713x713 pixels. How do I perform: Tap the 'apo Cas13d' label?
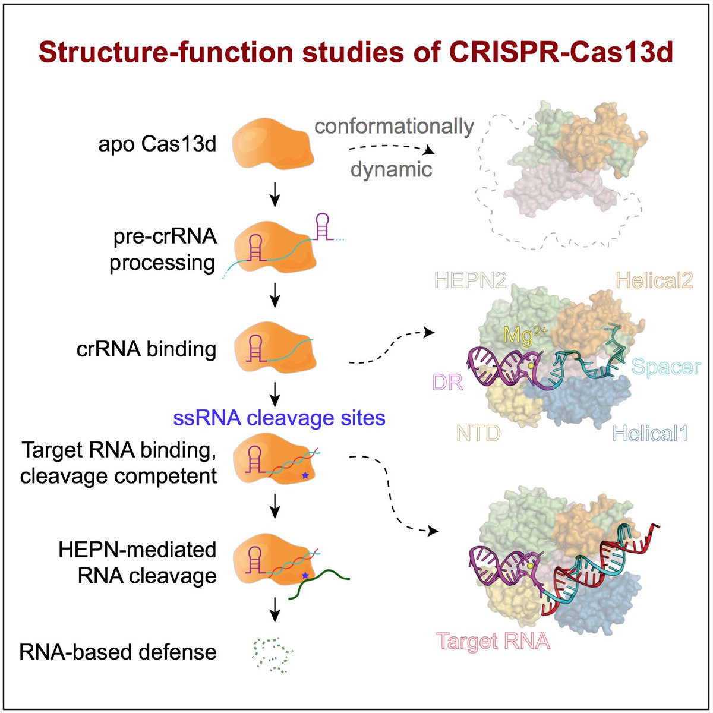click(157, 144)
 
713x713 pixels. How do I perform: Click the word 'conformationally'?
click(394, 126)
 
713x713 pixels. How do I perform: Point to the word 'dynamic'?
click(391, 170)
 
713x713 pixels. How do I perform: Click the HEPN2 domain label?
click(471, 280)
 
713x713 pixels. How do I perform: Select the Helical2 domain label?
click(654, 280)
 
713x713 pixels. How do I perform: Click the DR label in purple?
click(447, 382)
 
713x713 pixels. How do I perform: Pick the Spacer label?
click(665, 367)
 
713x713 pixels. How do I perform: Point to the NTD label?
click(478, 434)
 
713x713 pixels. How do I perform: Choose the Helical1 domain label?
click(650, 434)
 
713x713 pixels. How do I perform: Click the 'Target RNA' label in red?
click(493, 641)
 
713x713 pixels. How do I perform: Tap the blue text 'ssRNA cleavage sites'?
click(279, 418)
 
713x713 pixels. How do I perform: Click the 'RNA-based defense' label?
click(118, 652)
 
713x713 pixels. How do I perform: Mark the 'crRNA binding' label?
click(146, 349)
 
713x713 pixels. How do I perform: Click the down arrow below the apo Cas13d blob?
click(275, 195)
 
